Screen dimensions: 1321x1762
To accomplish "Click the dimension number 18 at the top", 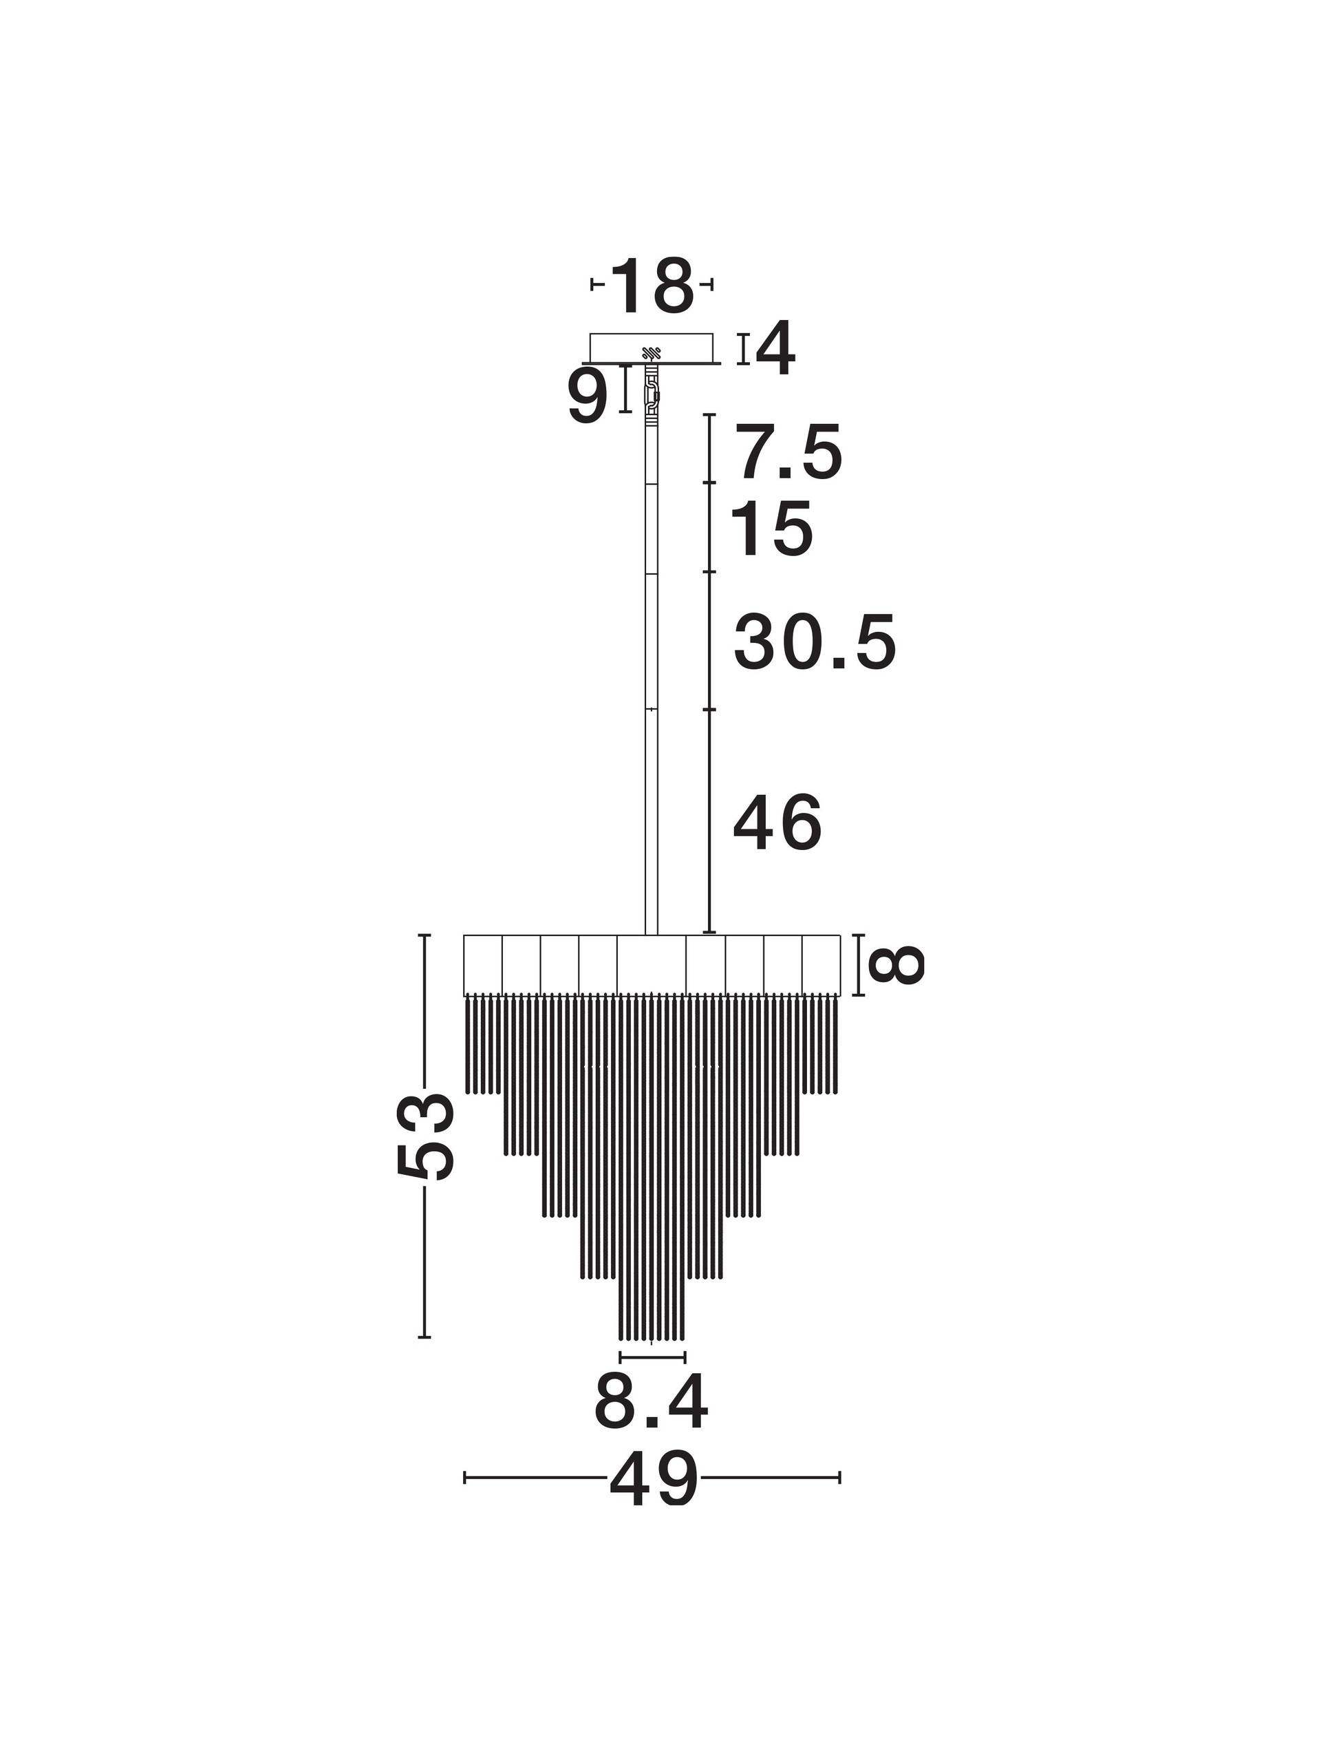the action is [x=652, y=285].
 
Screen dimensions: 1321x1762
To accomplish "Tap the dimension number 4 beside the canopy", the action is [x=775, y=348].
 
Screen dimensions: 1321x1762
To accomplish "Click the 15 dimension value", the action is [x=771, y=529].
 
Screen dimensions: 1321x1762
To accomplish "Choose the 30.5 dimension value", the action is [x=815, y=641].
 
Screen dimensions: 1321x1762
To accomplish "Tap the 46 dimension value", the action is [x=777, y=823].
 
